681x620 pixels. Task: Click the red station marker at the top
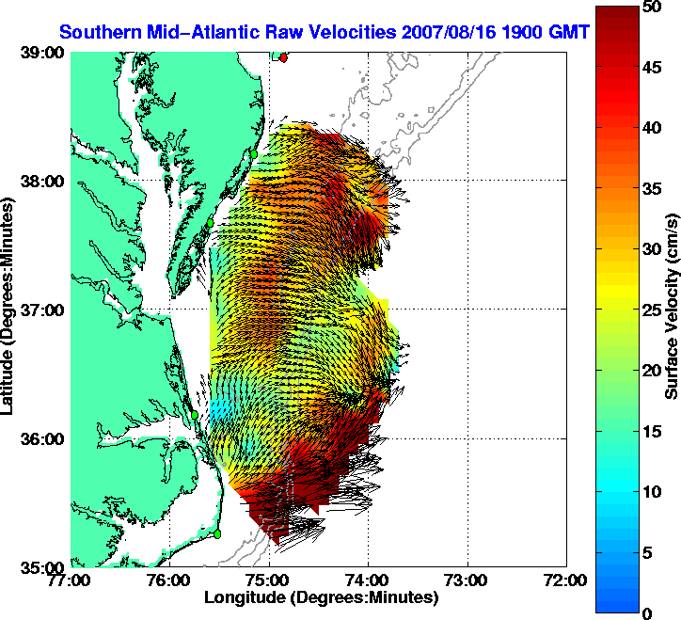click(283, 57)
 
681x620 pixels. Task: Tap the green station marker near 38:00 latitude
click(254, 152)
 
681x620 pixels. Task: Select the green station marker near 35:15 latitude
click(217, 534)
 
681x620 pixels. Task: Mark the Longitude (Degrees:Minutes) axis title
click(321, 596)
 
